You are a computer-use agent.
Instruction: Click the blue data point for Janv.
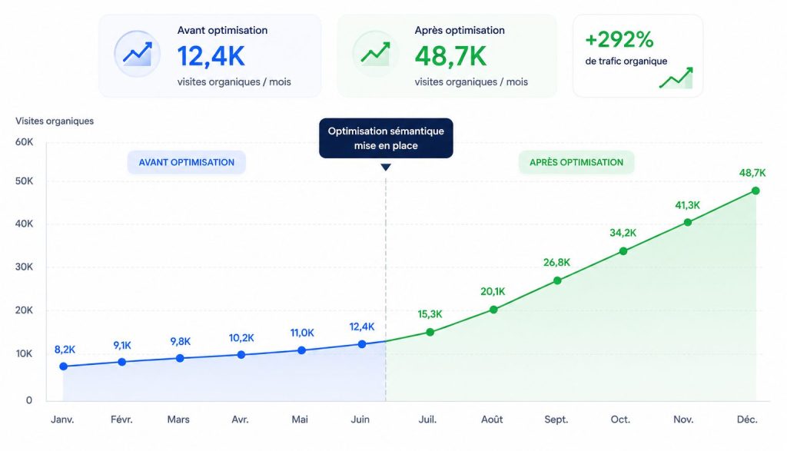pos(63,366)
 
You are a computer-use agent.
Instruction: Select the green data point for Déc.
pos(755,191)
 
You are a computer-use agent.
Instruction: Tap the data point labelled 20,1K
pos(493,310)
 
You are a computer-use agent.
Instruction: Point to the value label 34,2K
pos(623,233)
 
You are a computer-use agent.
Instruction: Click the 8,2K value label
pos(65,350)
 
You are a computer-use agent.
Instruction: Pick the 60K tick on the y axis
pos(24,142)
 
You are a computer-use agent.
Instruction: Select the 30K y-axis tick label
pos(24,267)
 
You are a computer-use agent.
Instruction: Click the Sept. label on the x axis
pos(556,419)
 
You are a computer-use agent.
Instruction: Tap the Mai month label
pos(300,419)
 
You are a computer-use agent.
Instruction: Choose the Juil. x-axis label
pos(427,419)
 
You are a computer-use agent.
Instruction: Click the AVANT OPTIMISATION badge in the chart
pos(187,163)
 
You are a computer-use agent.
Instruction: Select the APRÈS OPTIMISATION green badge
pos(576,163)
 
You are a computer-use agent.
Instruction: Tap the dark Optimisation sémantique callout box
pos(386,138)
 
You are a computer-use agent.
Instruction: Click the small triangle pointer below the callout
pos(386,167)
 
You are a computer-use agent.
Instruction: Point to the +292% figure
pos(619,40)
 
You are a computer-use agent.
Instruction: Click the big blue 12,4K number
pos(211,56)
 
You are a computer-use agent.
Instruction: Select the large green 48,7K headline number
pos(450,56)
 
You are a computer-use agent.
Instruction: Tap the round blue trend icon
pos(137,54)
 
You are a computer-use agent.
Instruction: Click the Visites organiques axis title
pos(55,121)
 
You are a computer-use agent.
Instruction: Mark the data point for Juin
pos(362,344)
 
